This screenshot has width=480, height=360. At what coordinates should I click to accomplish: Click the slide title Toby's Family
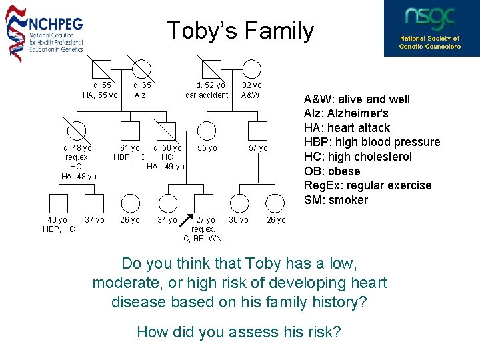pos(240,31)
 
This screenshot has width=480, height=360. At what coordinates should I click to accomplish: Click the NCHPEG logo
pos(45,31)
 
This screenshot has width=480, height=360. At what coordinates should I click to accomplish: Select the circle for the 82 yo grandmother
pos(251,69)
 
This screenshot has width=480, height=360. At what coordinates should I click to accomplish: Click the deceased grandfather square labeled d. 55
pos(101,69)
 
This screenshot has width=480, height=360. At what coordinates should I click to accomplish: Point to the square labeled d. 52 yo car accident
pos(211,69)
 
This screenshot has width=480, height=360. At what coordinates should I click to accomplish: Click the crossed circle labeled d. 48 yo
pos(79,131)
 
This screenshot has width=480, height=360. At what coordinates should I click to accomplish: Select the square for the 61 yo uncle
pos(131,131)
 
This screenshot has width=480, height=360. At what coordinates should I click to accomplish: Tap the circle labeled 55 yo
pos(208,131)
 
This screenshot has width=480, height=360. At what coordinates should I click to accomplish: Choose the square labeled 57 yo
pos(257,131)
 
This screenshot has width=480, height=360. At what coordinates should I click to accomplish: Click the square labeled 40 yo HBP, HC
pos(58,204)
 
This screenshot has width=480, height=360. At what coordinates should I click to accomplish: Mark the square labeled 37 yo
pos(95,204)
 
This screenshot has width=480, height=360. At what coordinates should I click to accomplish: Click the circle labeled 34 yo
pos(168,204)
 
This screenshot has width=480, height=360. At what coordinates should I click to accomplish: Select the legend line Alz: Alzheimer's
pos(347,113)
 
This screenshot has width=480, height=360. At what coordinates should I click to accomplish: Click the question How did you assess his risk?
pos(239,331)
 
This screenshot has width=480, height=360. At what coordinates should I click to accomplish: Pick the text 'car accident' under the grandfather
pos(207,95)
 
